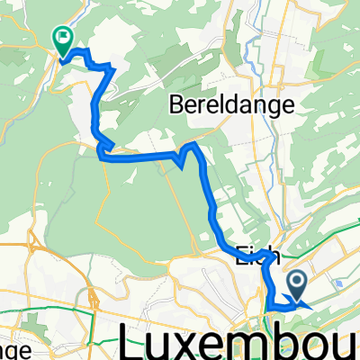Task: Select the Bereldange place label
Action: pyautogui.click(x=231, y=106)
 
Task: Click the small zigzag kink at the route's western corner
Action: pyautogui.click(x=104, y=146)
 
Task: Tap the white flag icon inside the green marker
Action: pyautogui.click(x=63, y=38)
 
